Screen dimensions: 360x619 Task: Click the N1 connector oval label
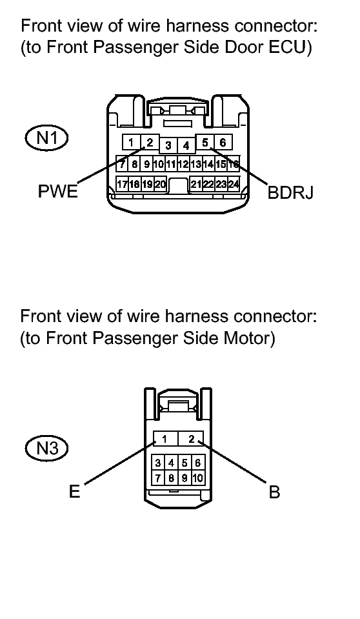pos(46,137)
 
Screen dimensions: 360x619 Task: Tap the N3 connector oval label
pos(46,448)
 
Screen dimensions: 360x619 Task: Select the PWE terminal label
pos(57,192)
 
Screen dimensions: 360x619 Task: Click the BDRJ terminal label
pos(290,192)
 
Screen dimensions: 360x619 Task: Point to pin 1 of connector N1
pos(131,142)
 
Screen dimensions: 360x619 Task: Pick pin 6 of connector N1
pos(223,142)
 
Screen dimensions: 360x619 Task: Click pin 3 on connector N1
pos(168,145)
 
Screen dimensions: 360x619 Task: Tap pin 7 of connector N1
pos(123,163)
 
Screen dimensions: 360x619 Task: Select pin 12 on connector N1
pos(183,163)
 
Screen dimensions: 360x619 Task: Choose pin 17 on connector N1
pos(123,184)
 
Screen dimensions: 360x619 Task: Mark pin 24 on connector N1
pos(234,184)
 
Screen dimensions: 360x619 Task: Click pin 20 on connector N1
pos(160,184)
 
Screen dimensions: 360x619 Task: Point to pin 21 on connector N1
pos(196,184)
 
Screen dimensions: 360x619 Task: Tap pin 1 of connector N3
pos(165,438)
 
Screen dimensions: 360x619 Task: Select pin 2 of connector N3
pos(191,438)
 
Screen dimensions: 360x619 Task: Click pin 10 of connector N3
pos(198,478)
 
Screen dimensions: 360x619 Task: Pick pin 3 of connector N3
pos(158,463)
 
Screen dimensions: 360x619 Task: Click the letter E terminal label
pos(74,491)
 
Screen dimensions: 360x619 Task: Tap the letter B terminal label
pos(274,492)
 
